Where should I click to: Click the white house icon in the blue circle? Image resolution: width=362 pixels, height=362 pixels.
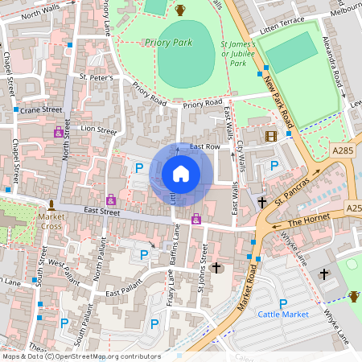181,174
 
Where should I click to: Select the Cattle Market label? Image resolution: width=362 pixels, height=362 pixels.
283,313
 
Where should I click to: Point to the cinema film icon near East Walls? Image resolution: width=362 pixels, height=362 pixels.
270,136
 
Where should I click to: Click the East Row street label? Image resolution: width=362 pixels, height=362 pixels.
205,146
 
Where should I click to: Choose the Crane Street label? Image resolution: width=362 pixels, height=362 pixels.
41,109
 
